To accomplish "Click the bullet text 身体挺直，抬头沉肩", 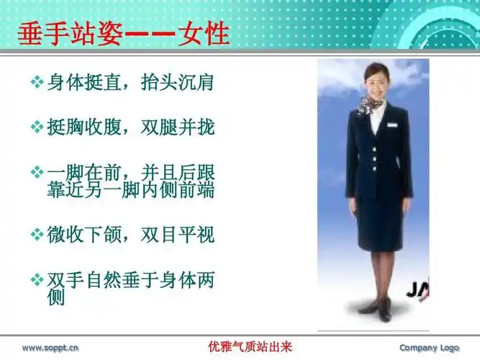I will (130, 81).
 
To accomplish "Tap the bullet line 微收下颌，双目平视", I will (130, 234).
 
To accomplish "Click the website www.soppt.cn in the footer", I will (50, 348).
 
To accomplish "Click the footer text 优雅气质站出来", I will (245, 347).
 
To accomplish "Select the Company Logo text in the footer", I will (429, 348).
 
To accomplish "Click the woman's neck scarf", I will (371, 104).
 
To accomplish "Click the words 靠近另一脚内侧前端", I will (130, 192).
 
